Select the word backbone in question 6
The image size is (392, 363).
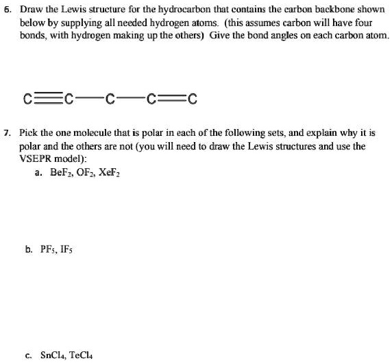[x=334, y=12]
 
